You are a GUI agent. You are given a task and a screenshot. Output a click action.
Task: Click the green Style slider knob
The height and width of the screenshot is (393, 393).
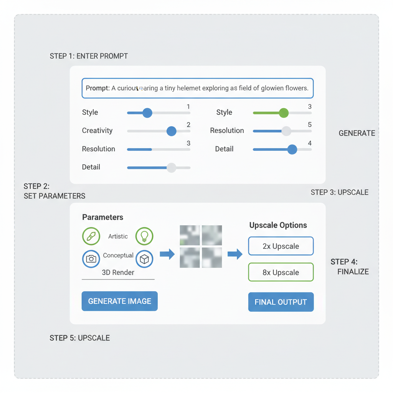click(x=284, y=112)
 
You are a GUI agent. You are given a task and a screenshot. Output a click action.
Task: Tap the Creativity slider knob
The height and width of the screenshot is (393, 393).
click(x=171, y=131)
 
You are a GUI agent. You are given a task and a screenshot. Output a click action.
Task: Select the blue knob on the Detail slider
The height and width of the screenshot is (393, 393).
click(x=292, y=149)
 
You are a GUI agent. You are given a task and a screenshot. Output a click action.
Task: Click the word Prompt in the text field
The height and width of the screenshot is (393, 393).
click(x=97, y=88)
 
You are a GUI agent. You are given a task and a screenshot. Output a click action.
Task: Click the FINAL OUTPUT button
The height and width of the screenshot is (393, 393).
click(x=281, y=302)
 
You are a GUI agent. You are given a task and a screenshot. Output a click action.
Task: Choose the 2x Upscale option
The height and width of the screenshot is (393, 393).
click(x=281, y=246)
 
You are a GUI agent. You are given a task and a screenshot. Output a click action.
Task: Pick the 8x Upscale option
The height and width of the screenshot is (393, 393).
click(x=281, y=272)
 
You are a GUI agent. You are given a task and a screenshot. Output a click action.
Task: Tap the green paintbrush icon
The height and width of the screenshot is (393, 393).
click(x=91, y=236)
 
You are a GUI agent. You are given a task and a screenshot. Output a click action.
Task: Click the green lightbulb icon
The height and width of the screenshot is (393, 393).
click(x=144, y=236)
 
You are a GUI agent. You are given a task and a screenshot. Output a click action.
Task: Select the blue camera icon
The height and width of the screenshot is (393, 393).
click(x=91, y=259)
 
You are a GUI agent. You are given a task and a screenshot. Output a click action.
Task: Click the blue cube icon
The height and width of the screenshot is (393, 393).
click(x=144, y=259)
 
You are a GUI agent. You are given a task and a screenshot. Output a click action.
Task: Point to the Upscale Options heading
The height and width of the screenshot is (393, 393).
click(x=278, y=225)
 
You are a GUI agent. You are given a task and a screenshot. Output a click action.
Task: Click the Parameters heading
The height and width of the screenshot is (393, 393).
click(x=102, y=217)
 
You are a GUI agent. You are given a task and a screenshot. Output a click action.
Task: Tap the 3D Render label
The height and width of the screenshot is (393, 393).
click(x=118, y=272)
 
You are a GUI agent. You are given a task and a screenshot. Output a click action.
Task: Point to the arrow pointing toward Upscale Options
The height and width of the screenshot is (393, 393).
click(x=235, y=254)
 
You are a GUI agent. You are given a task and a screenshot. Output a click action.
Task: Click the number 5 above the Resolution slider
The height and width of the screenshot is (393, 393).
click(x=309, y=125)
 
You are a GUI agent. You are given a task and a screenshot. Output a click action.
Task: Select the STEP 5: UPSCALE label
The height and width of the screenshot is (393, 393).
click(x=79, y=338)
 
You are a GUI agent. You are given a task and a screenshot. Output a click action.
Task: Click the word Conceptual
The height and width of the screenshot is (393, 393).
click(x=118, y=255)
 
